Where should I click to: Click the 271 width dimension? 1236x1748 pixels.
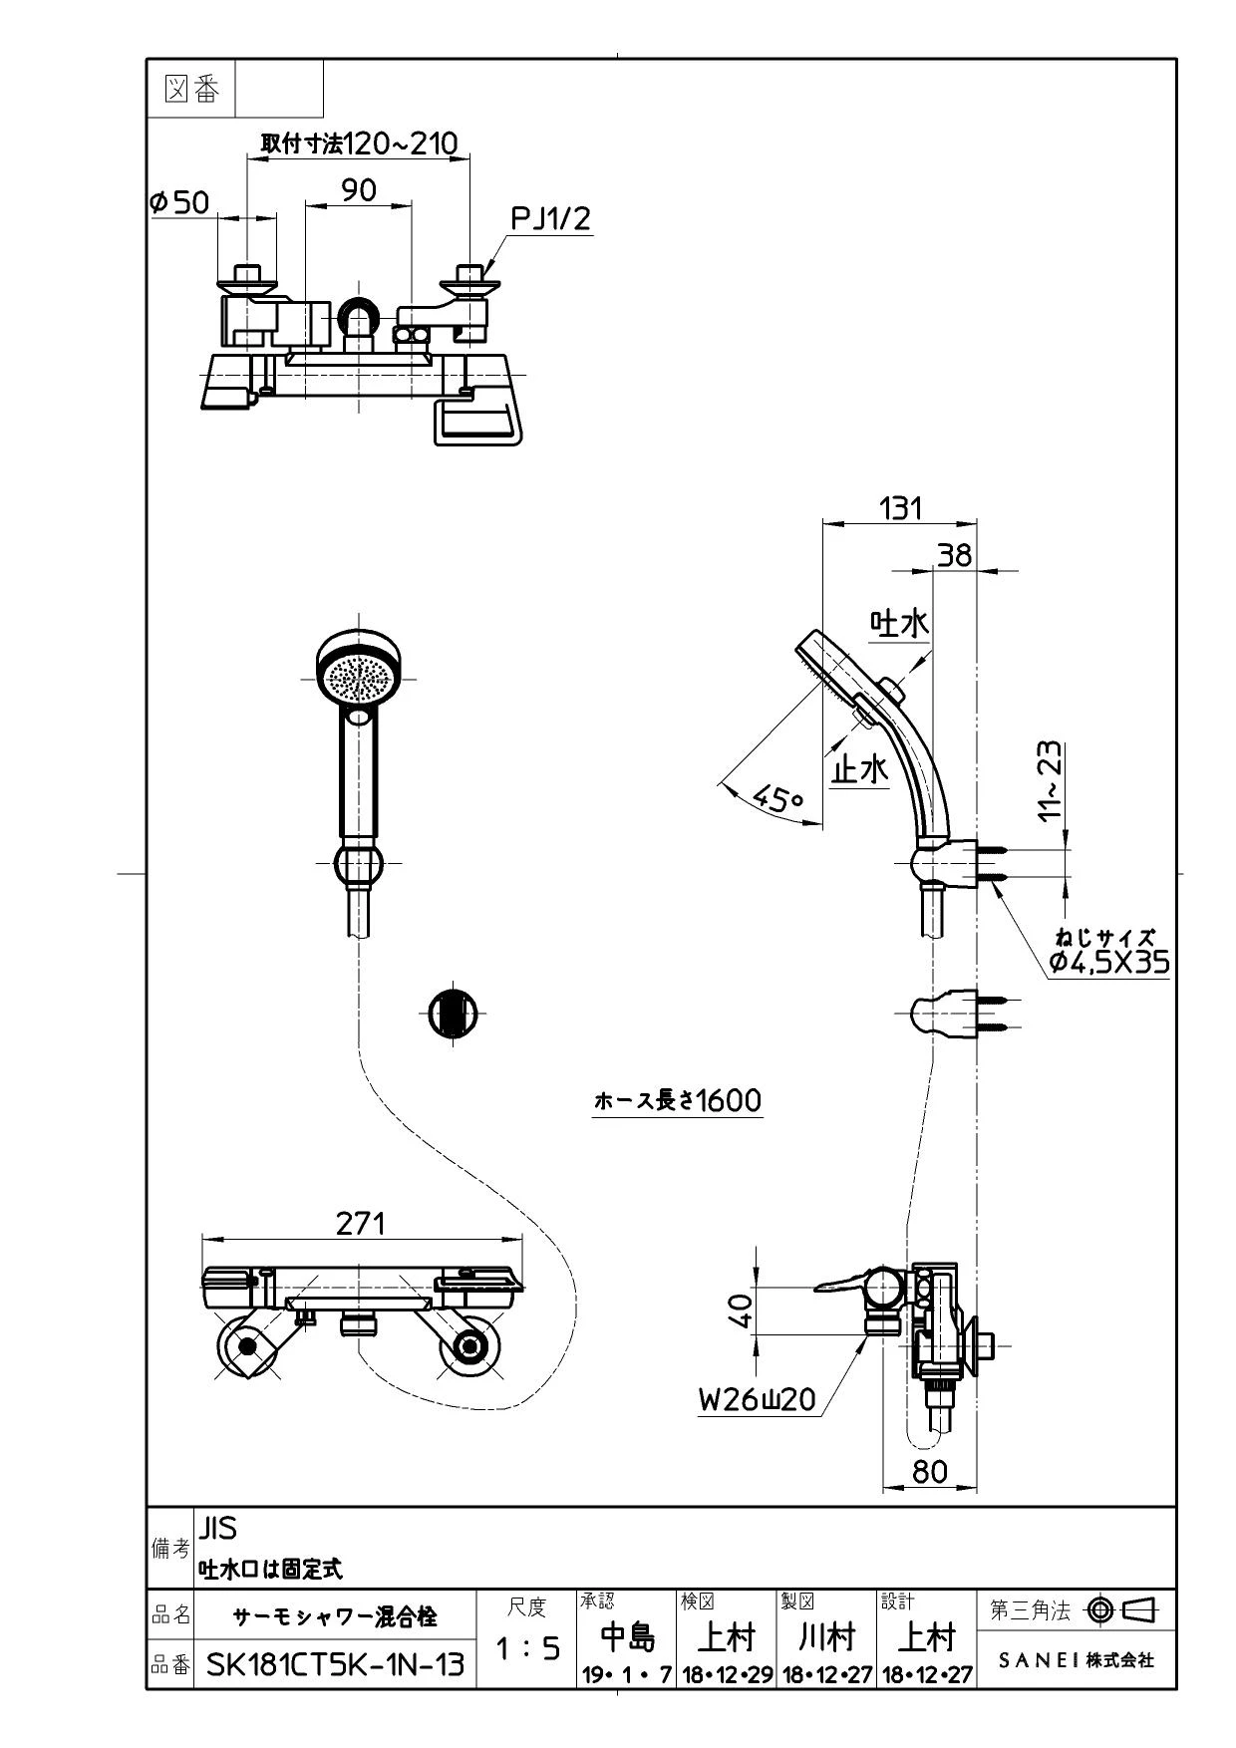pos(360,1223)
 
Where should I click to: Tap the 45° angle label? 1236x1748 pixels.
pos(778,796)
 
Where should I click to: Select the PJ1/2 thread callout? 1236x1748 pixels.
pos(550,218)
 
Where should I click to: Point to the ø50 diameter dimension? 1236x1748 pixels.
pos(179,202)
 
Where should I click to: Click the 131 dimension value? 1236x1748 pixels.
pos(900,507)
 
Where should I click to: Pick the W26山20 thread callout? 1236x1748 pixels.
pos(757,1399)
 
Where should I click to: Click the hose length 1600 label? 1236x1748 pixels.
pos(678,1100)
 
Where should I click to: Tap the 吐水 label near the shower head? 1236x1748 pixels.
pos(900,623)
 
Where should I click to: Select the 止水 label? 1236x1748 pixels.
pos(860,768)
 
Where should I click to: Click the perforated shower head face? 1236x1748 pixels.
pos(359,678)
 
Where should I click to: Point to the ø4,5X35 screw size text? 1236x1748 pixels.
pos(1109,961)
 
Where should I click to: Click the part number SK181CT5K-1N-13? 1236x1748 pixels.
pos(335,1663)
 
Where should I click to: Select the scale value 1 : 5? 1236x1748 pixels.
pos(527,1648)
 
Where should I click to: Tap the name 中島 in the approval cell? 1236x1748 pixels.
pos(628,1637)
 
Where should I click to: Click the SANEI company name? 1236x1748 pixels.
pos(1077,1660)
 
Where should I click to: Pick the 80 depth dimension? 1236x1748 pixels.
pos(930,1471)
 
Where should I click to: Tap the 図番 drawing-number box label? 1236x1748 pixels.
pos(190,90)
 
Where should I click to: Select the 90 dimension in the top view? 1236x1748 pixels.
pos(359,189)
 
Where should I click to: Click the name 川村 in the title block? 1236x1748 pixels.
pos(826,1637)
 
